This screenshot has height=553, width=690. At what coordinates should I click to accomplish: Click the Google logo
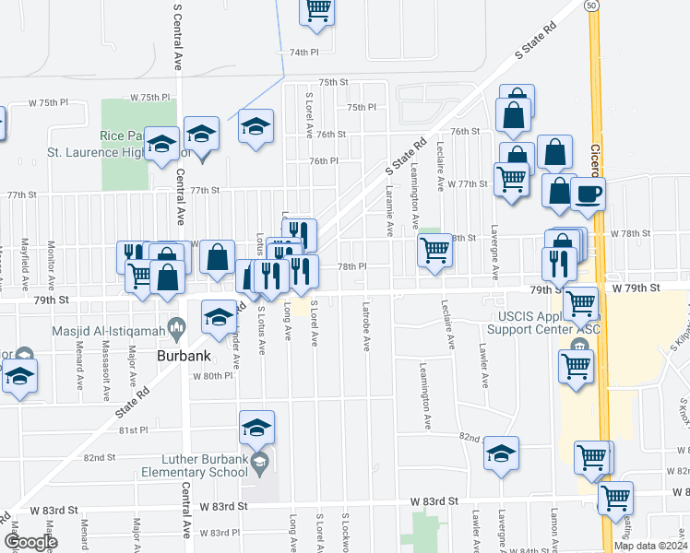[30, 542]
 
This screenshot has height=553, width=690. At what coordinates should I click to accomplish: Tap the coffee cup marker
[588, 194]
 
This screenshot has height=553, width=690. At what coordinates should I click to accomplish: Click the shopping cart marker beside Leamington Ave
[435, 249]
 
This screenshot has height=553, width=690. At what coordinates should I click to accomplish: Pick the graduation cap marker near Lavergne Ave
[501, 453]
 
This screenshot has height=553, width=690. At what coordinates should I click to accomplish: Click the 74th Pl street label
[303, 53]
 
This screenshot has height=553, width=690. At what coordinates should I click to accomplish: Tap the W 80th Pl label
[213, 376]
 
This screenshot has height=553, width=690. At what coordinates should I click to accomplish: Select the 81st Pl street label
[132, 430]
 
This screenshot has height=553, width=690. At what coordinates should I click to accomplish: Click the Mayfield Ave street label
[24, 263]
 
